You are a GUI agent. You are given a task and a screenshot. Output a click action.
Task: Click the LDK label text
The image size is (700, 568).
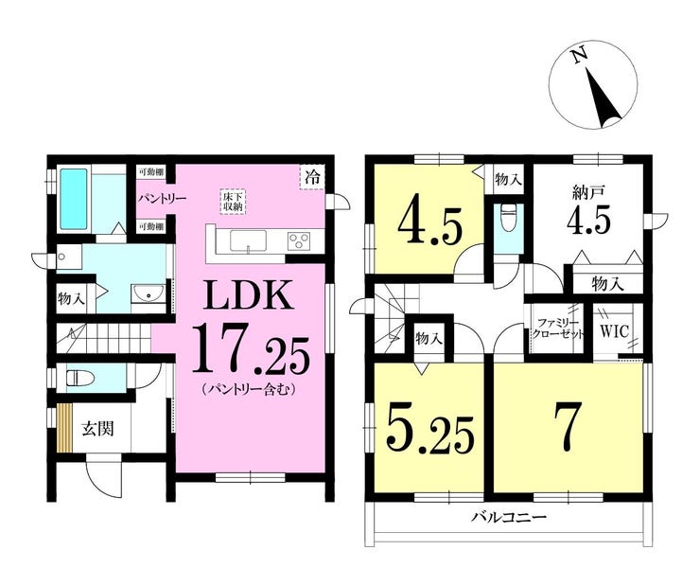[x=249, y=294]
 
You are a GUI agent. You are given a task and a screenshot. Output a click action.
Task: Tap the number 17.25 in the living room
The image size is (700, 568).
[x=251, y=354]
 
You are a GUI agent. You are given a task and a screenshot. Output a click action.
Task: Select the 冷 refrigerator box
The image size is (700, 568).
[x=312, y=177]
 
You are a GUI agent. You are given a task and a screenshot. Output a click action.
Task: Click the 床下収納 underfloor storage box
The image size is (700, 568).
[x=233, y=202]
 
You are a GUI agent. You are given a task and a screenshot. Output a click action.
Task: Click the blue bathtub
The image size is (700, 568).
[x=74, y=199]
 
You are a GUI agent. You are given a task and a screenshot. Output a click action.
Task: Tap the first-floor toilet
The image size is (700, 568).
[x=80, y=379]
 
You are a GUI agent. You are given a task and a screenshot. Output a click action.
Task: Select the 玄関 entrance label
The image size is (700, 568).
[x=97, y=429]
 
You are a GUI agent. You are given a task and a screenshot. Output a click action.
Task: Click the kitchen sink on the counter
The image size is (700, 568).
[x=248, y=241]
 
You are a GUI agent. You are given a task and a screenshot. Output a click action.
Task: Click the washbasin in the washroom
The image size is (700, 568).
[x=148, y=293]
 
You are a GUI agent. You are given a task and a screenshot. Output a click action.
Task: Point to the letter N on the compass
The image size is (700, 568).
[x=580, y=56]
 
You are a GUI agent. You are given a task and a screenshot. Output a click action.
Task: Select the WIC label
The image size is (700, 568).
[x=614, y=331]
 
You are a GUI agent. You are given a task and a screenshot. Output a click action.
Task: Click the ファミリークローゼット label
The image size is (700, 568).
[x=557, y=328]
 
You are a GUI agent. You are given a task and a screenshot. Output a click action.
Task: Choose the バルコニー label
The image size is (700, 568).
[x=510, y=519]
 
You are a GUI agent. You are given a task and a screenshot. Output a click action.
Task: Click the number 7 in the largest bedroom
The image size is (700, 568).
[x=567, y=427]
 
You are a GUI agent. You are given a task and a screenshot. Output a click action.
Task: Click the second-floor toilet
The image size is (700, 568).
[x=507, y=219]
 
